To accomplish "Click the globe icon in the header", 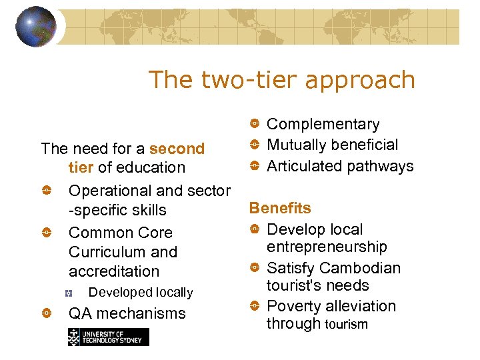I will click(x=35, y=27).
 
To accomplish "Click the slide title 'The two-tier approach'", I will click(x=281, y=79).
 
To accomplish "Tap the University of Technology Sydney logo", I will click(x=108, y=337).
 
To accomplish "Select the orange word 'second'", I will click(x=177, y=148).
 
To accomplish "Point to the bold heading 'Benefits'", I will click(x=280, y=208).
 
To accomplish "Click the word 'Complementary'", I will click(x=323, y=124).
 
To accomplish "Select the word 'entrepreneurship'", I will click(x=327, y=247).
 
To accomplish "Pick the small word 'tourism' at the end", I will click(x=346, y=324).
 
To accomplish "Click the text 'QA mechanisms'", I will click(x=127, y=313).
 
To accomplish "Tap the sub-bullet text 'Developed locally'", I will click(x=141, y=292).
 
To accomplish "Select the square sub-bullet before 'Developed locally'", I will click(x=69, y=293).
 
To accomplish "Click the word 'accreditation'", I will click(x=114, y=271).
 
